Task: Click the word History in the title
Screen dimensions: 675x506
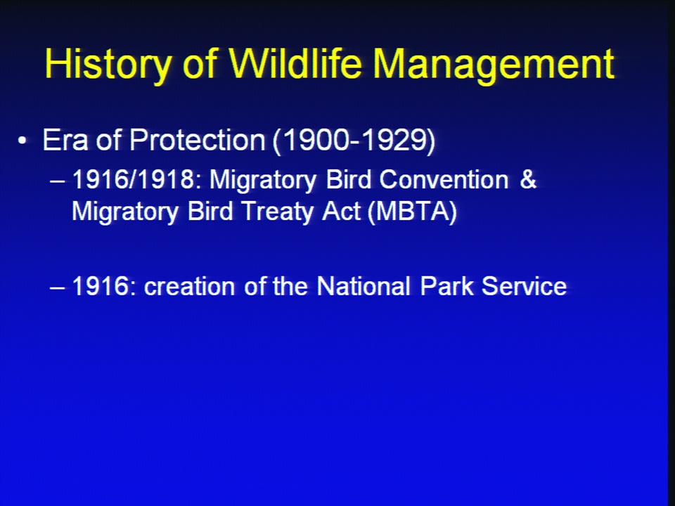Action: click(x=108, y=64)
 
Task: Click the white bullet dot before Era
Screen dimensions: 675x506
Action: click(x=22, y=141)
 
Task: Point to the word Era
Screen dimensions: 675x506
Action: click(x=65, y=140)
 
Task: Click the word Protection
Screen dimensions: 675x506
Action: click(x=197, y=140)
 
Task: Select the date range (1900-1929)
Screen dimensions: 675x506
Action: click(x=354, y=141)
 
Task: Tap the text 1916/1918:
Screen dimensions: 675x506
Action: click(x=137, y=179)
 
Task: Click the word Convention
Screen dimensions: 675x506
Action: click(x=444, y=179)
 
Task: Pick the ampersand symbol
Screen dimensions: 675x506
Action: click(x=528, y=179)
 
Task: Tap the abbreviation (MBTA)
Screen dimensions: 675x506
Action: click(x=412, y=212)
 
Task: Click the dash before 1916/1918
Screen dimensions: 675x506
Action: click(x=58, y=181)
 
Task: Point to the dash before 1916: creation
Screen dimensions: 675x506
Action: click(x=58, y=288)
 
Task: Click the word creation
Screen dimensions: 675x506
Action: click(x=189, y=286)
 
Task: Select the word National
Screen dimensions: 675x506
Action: click(x=364, y=286)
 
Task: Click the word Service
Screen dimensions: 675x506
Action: click(x=524, y=286)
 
